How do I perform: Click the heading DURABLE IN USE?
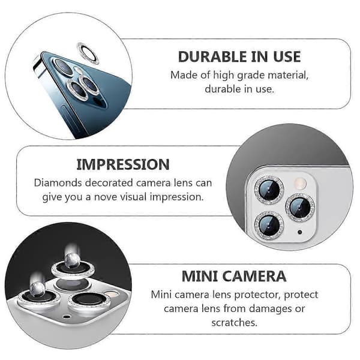click(x=239, y=57)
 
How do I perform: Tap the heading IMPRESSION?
click(x=123, y=164)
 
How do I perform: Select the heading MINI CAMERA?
click(x=234, y=276)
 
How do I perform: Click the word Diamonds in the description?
click(x=58, y=183)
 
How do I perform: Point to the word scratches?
click(x=234, y=323)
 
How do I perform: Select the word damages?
click(x=270, y=309)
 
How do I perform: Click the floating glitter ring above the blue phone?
click(x=88, y=53)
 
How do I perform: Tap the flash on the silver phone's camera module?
click(x=300, y=183)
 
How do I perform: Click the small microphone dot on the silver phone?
click(x=299, y=232)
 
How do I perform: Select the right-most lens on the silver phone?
click(x=300, y=207)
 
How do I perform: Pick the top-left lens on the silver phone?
click(x=269, y=190)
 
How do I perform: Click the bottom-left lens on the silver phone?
click(x=269, y=224)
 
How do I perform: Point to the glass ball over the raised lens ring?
click(x=73, y=260)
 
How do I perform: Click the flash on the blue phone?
click(x=77, y=70)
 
